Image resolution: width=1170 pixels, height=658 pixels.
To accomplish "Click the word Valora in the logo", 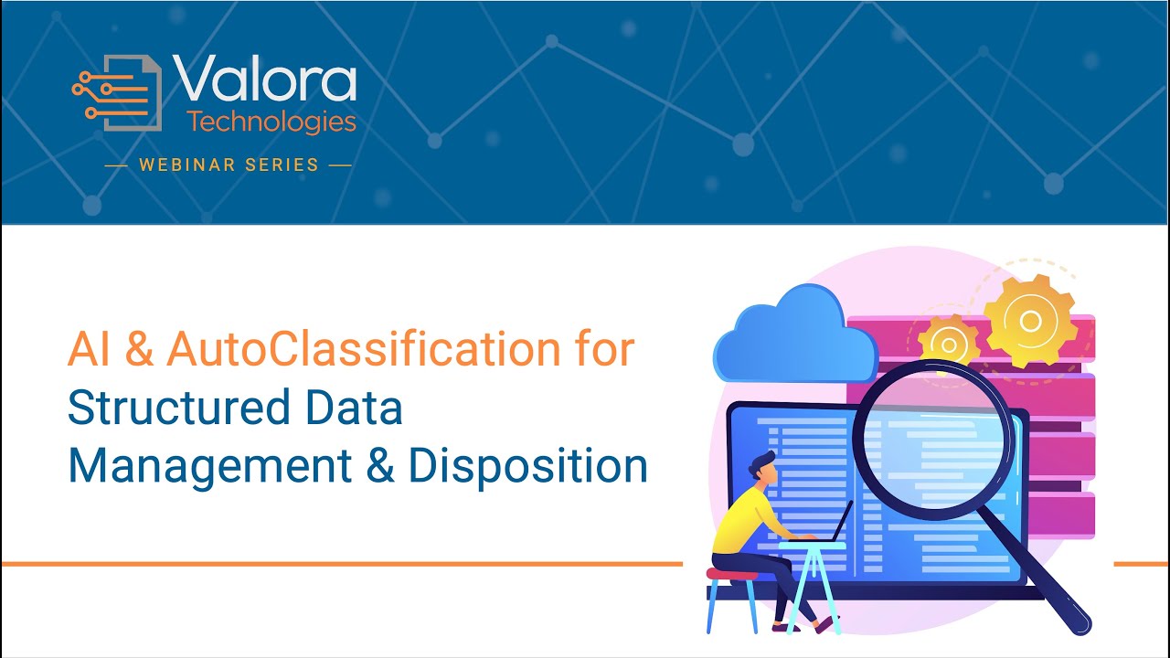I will (x=264, y=80).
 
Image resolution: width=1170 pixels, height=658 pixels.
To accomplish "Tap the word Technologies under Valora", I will (x=271, y=121).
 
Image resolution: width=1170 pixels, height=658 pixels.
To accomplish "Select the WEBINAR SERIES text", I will (x=229, y=165).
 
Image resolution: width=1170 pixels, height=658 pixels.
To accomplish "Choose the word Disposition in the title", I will (x=527, y=465).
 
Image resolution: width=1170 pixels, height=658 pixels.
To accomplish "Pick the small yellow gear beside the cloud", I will (x=949, y=345).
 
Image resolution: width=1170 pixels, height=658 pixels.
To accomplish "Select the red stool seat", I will (x=732, y=574).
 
